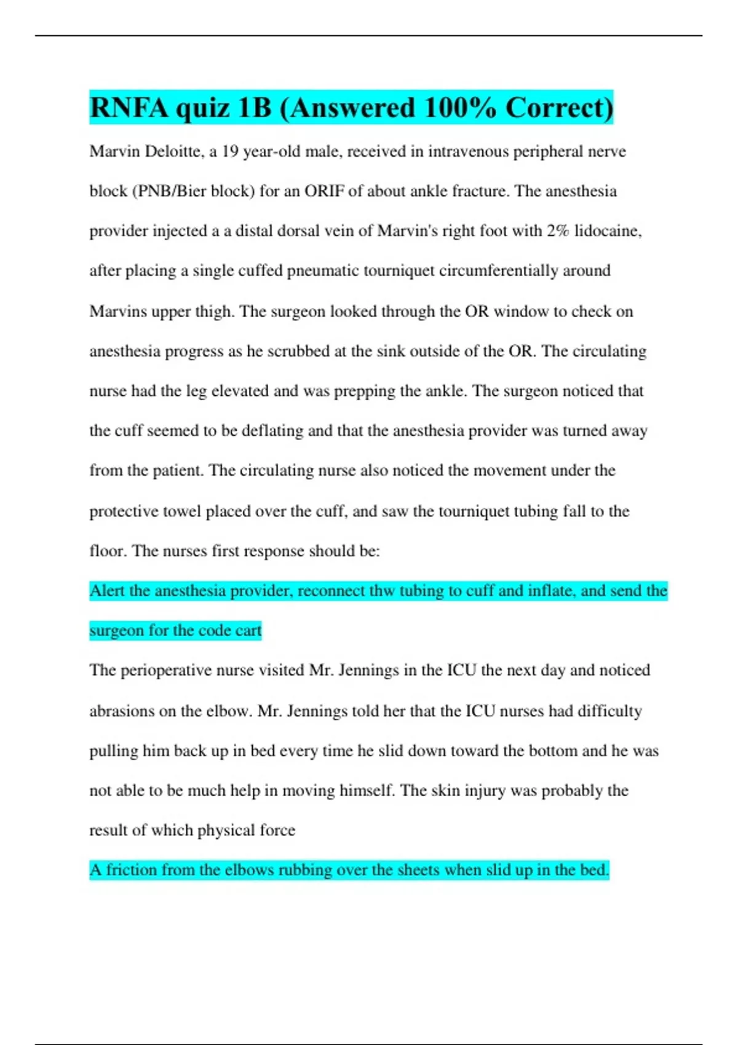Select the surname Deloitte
[172, 151]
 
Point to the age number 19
[230, 151]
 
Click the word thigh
[214, 311]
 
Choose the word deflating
[272, 430]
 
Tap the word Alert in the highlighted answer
[108, 591]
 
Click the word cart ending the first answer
[247, 631]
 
